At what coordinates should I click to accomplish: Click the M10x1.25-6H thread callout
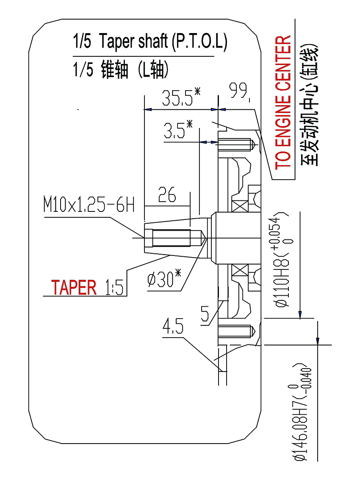point(89,206)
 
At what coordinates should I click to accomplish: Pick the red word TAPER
point(74,287)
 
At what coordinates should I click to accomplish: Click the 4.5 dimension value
point(173,328)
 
